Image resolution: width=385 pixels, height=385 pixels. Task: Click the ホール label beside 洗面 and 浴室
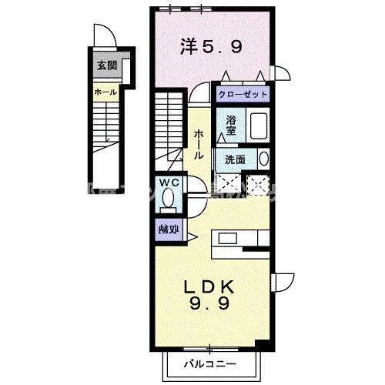pos(199,142)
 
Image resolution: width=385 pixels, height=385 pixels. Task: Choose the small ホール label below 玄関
pos(105,92)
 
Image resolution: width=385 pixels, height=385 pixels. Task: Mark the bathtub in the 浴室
pos(257,126)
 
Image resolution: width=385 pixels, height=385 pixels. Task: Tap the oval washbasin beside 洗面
pos(263,159)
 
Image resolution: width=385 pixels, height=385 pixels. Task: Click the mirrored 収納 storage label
pos(169,229)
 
